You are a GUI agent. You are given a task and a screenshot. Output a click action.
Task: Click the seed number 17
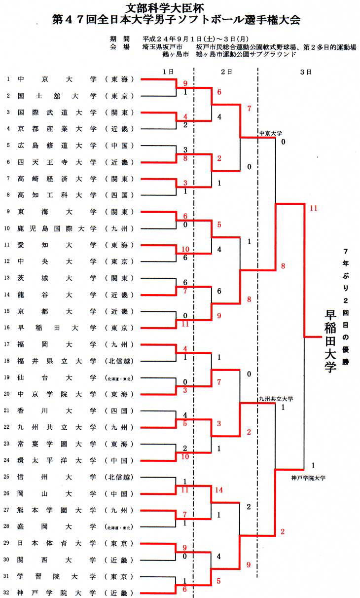click(8, 344)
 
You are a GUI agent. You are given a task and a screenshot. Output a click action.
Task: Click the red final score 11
click(313, 208)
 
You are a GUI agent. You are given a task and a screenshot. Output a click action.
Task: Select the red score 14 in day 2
click(219, 490)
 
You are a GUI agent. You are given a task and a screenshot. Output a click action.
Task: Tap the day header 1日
click(168, 72)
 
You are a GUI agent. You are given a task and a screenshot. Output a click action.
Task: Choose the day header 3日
click(306, 72)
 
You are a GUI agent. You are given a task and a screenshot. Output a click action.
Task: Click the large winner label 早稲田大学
click(329, 340)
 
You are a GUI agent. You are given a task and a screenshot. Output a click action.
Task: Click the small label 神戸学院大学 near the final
click(308, 478)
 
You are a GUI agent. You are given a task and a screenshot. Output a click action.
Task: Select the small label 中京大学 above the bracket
click(270, 133)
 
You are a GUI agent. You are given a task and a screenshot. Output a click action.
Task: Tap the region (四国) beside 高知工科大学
click(119, 195)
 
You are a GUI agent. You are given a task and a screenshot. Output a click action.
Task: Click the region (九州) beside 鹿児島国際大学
click(119, 228)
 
